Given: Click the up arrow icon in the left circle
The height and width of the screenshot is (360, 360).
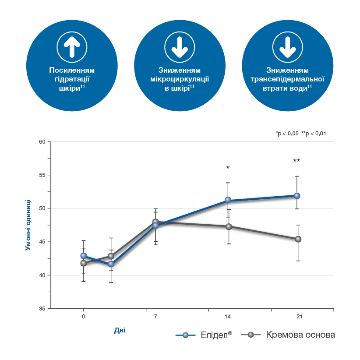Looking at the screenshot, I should click(72, 46).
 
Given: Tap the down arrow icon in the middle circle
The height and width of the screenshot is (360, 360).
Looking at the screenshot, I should click(180, 46).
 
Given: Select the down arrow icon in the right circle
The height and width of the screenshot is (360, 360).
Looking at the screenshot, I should click(287, 46).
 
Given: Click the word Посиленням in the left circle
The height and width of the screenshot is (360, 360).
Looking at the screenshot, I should click(72, 70).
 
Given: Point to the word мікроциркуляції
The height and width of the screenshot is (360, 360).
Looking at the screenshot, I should click(180, 79).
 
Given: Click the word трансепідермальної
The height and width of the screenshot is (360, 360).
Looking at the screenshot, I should click(287, 79).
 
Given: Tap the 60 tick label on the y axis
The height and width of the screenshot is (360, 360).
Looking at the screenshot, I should click(42, 142).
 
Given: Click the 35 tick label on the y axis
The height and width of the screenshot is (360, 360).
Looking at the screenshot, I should click(42, 309).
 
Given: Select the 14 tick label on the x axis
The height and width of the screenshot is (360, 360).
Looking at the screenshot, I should click(228, 316).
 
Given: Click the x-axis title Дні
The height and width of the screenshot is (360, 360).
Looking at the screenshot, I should click(120, 330).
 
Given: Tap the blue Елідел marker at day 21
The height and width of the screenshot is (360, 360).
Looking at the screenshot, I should click(297, 195).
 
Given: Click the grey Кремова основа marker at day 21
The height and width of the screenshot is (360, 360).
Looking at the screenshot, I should click(298, 239).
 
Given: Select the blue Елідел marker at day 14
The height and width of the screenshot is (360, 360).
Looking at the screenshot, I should click(228, 200).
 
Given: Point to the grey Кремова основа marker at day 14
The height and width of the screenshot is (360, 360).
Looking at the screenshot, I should click(229, 226).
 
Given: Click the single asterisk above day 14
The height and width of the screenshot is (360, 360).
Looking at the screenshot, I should click(228, 168).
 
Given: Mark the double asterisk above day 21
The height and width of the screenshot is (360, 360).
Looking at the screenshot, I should click(296, 161).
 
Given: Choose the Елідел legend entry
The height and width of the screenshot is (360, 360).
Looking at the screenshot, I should click(204, 335).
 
